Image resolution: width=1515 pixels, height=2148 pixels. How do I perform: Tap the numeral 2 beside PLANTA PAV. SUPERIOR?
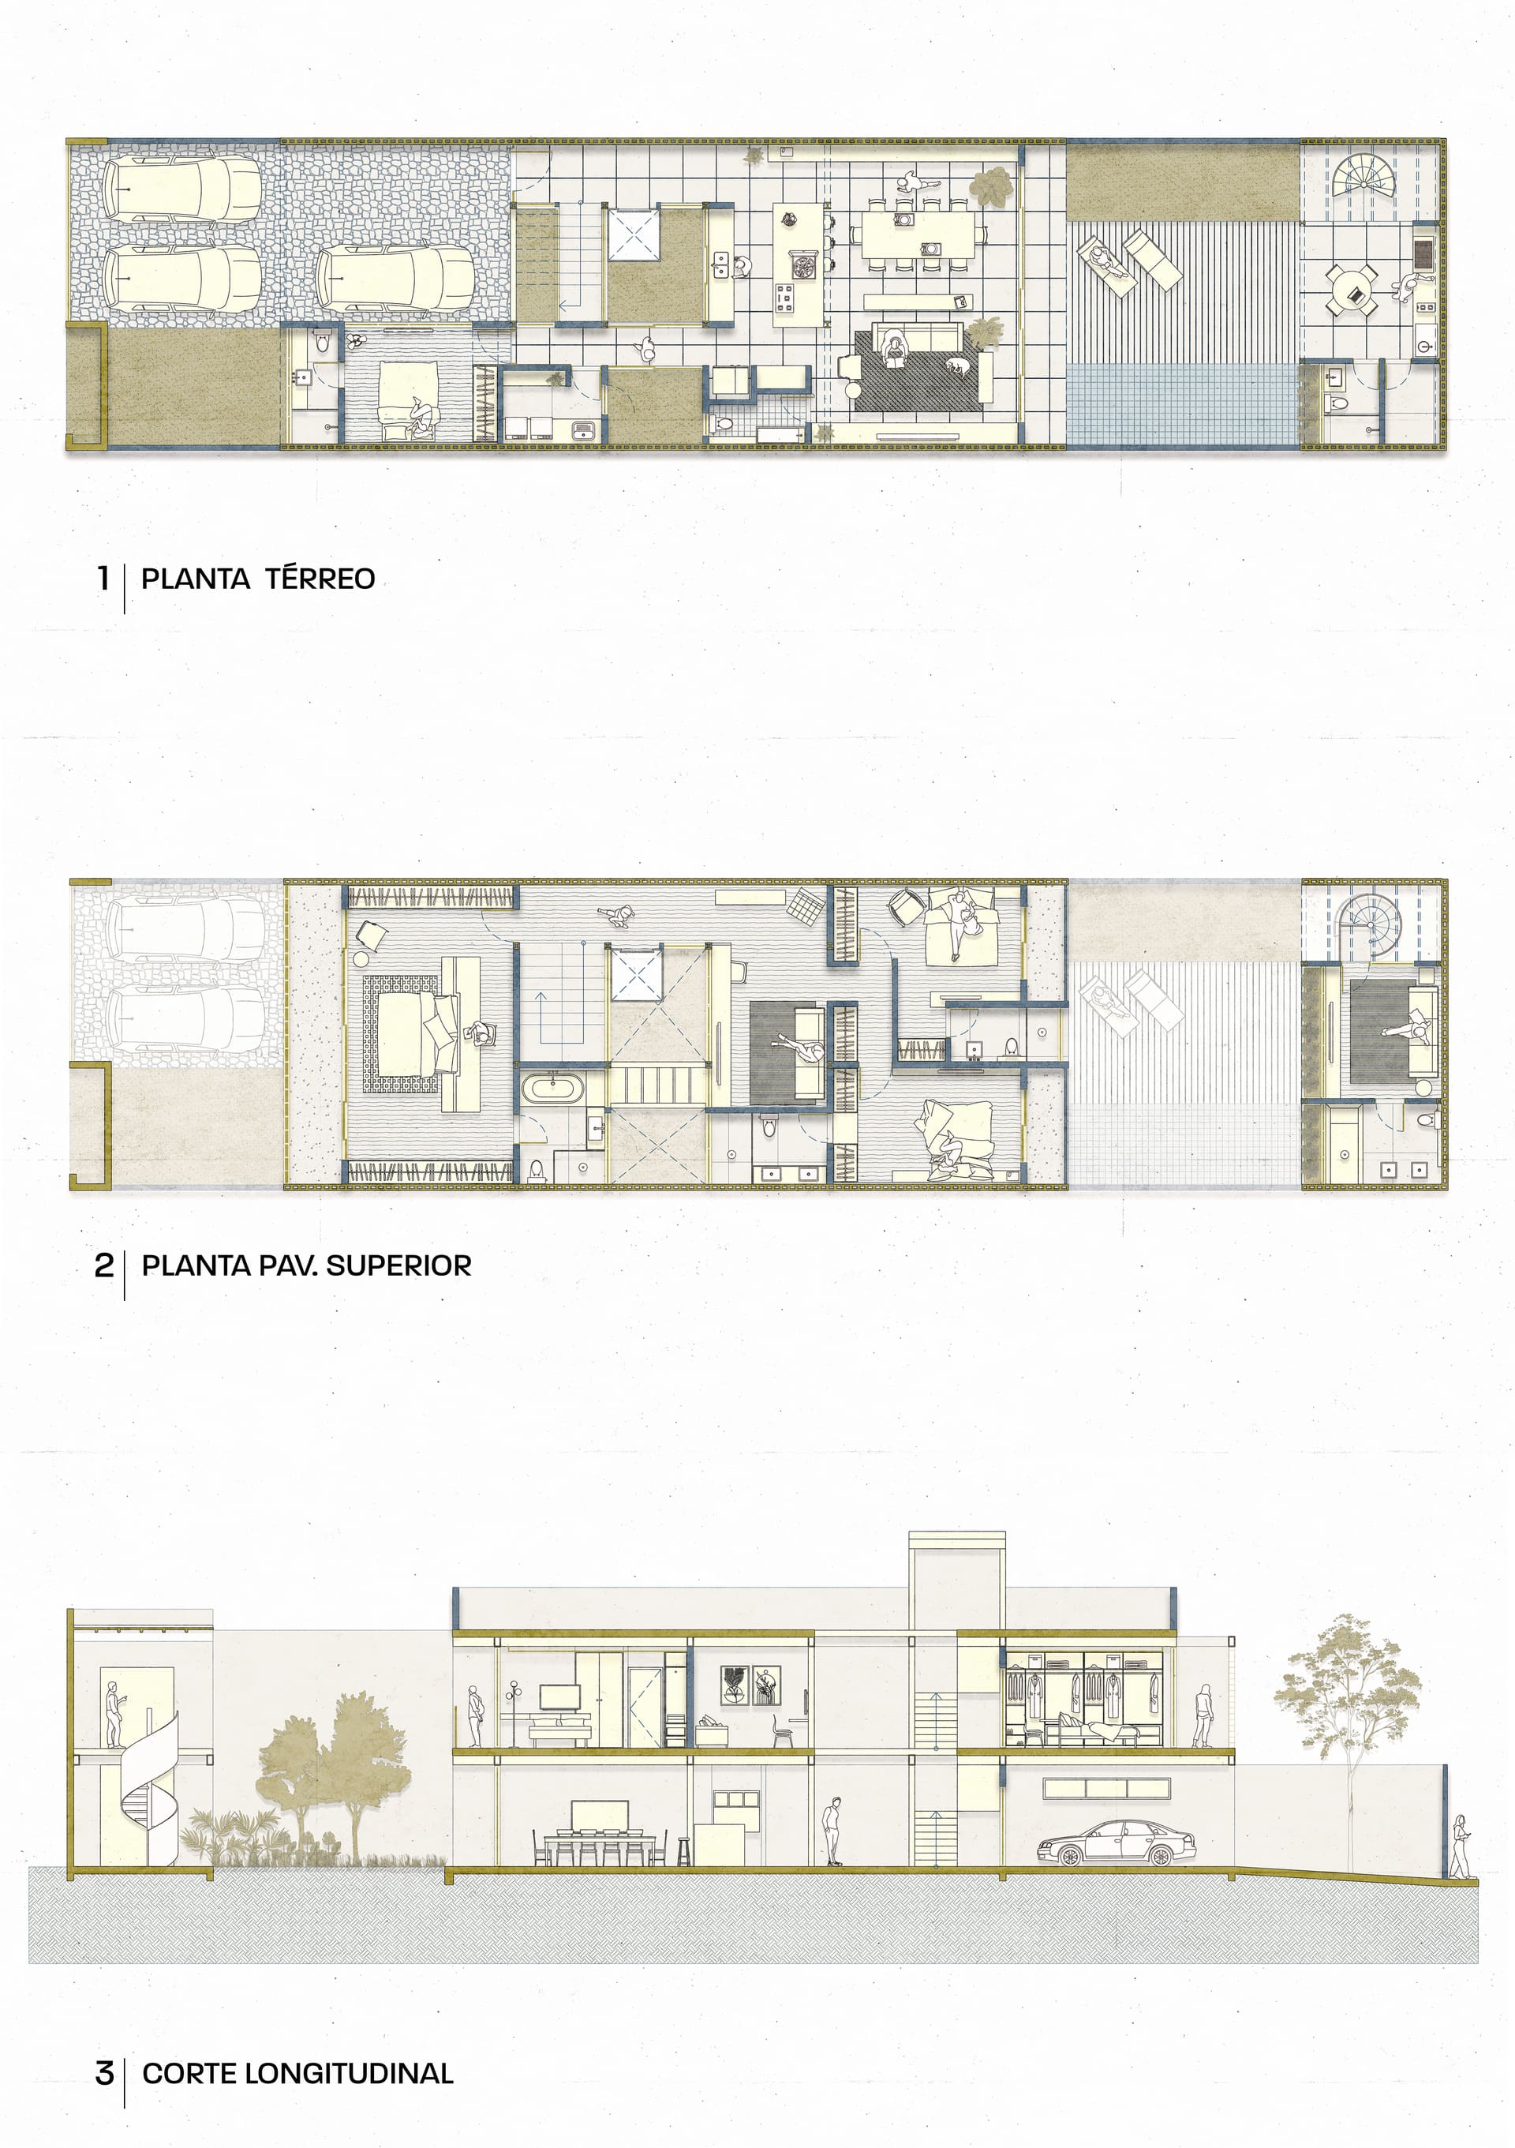(x=104, y=1265)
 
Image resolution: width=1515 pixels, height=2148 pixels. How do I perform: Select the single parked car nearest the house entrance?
(x=395, y=279)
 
